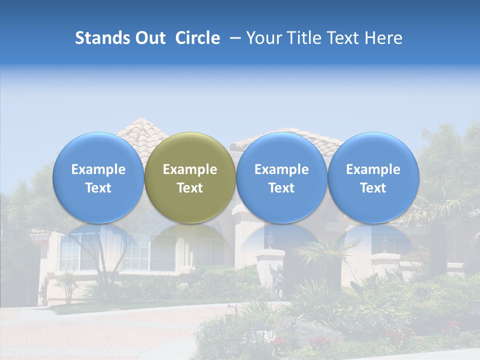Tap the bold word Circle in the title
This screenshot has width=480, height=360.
[197, 38]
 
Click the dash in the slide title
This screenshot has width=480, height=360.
[233, 38]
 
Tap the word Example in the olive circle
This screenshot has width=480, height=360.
[190, 169]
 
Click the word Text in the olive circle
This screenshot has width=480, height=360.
[190, 188]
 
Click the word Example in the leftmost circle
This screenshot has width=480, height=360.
[98, 169]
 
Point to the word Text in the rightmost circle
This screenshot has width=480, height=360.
[373, 188]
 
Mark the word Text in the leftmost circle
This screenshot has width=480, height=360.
[98, 188]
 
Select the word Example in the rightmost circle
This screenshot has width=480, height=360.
[373, 169]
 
